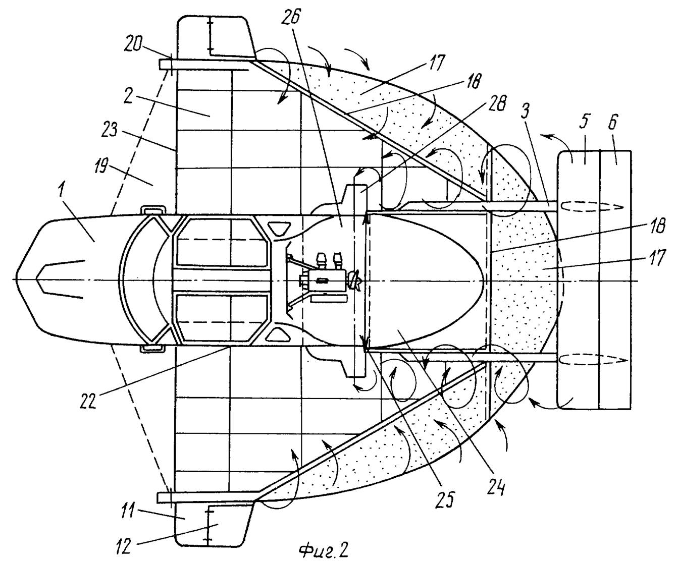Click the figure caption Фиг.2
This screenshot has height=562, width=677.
323,550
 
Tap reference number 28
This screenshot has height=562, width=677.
496,102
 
